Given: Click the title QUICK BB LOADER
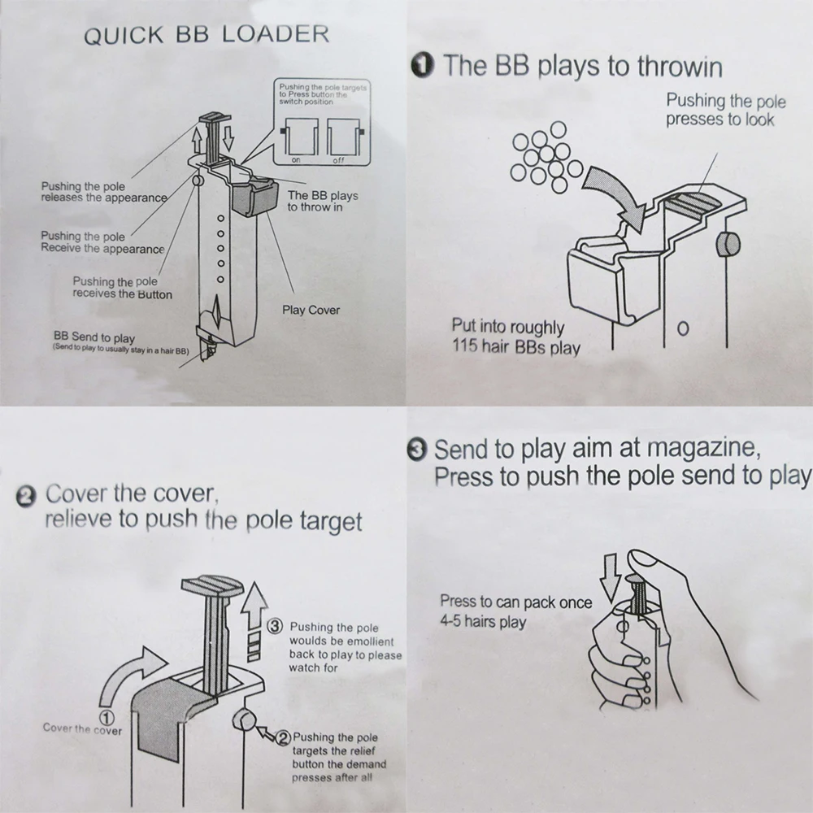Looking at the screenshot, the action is click(x=207, y=35).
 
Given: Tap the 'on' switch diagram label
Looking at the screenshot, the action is click(x=296, y=160).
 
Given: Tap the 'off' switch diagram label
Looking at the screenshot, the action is click(x=338, y=160).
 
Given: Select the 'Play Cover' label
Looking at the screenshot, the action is click(x=311, y=310).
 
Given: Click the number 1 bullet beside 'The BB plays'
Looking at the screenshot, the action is click(x=422, y=67).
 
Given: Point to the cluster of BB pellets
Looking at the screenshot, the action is click(x=546, y=156).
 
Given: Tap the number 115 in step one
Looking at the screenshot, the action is click(x=464, y=346).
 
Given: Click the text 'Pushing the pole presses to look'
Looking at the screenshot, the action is click(x=726, y=110).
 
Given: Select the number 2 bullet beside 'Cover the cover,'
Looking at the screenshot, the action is click(x=27, y=498).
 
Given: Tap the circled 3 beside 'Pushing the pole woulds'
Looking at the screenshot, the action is click(x=275, y=626).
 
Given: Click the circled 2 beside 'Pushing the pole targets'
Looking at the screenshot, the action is click(x=283, y=737).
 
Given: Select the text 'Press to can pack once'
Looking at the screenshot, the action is click(x=516, y=602).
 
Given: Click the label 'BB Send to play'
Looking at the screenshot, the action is click(x=94, y=337).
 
